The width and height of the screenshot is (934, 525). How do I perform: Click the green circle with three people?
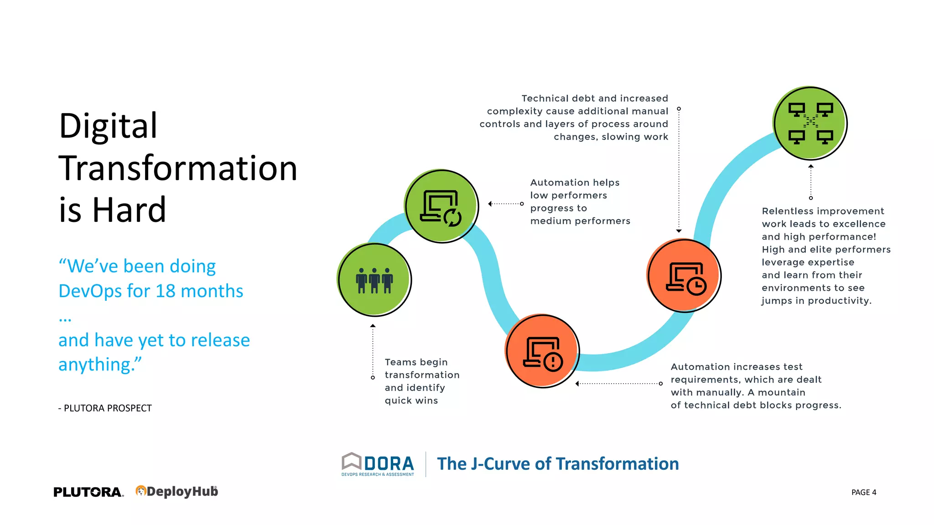374,280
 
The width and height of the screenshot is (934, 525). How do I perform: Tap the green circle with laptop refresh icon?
441,206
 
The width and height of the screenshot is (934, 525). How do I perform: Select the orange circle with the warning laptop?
542,351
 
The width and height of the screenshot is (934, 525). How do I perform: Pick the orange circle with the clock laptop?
684,276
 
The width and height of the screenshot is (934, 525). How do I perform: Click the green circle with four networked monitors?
810,123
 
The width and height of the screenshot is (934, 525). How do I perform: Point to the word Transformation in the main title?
178,168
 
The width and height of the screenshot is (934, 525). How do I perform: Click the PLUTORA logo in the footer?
88,492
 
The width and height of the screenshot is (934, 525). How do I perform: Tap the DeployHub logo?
177,491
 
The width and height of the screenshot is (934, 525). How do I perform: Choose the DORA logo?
378,464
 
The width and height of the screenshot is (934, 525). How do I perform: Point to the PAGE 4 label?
863,492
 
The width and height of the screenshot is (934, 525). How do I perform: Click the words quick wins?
411,401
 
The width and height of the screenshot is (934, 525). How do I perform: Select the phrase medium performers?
580,221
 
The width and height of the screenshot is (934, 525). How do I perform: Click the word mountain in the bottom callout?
781,392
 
